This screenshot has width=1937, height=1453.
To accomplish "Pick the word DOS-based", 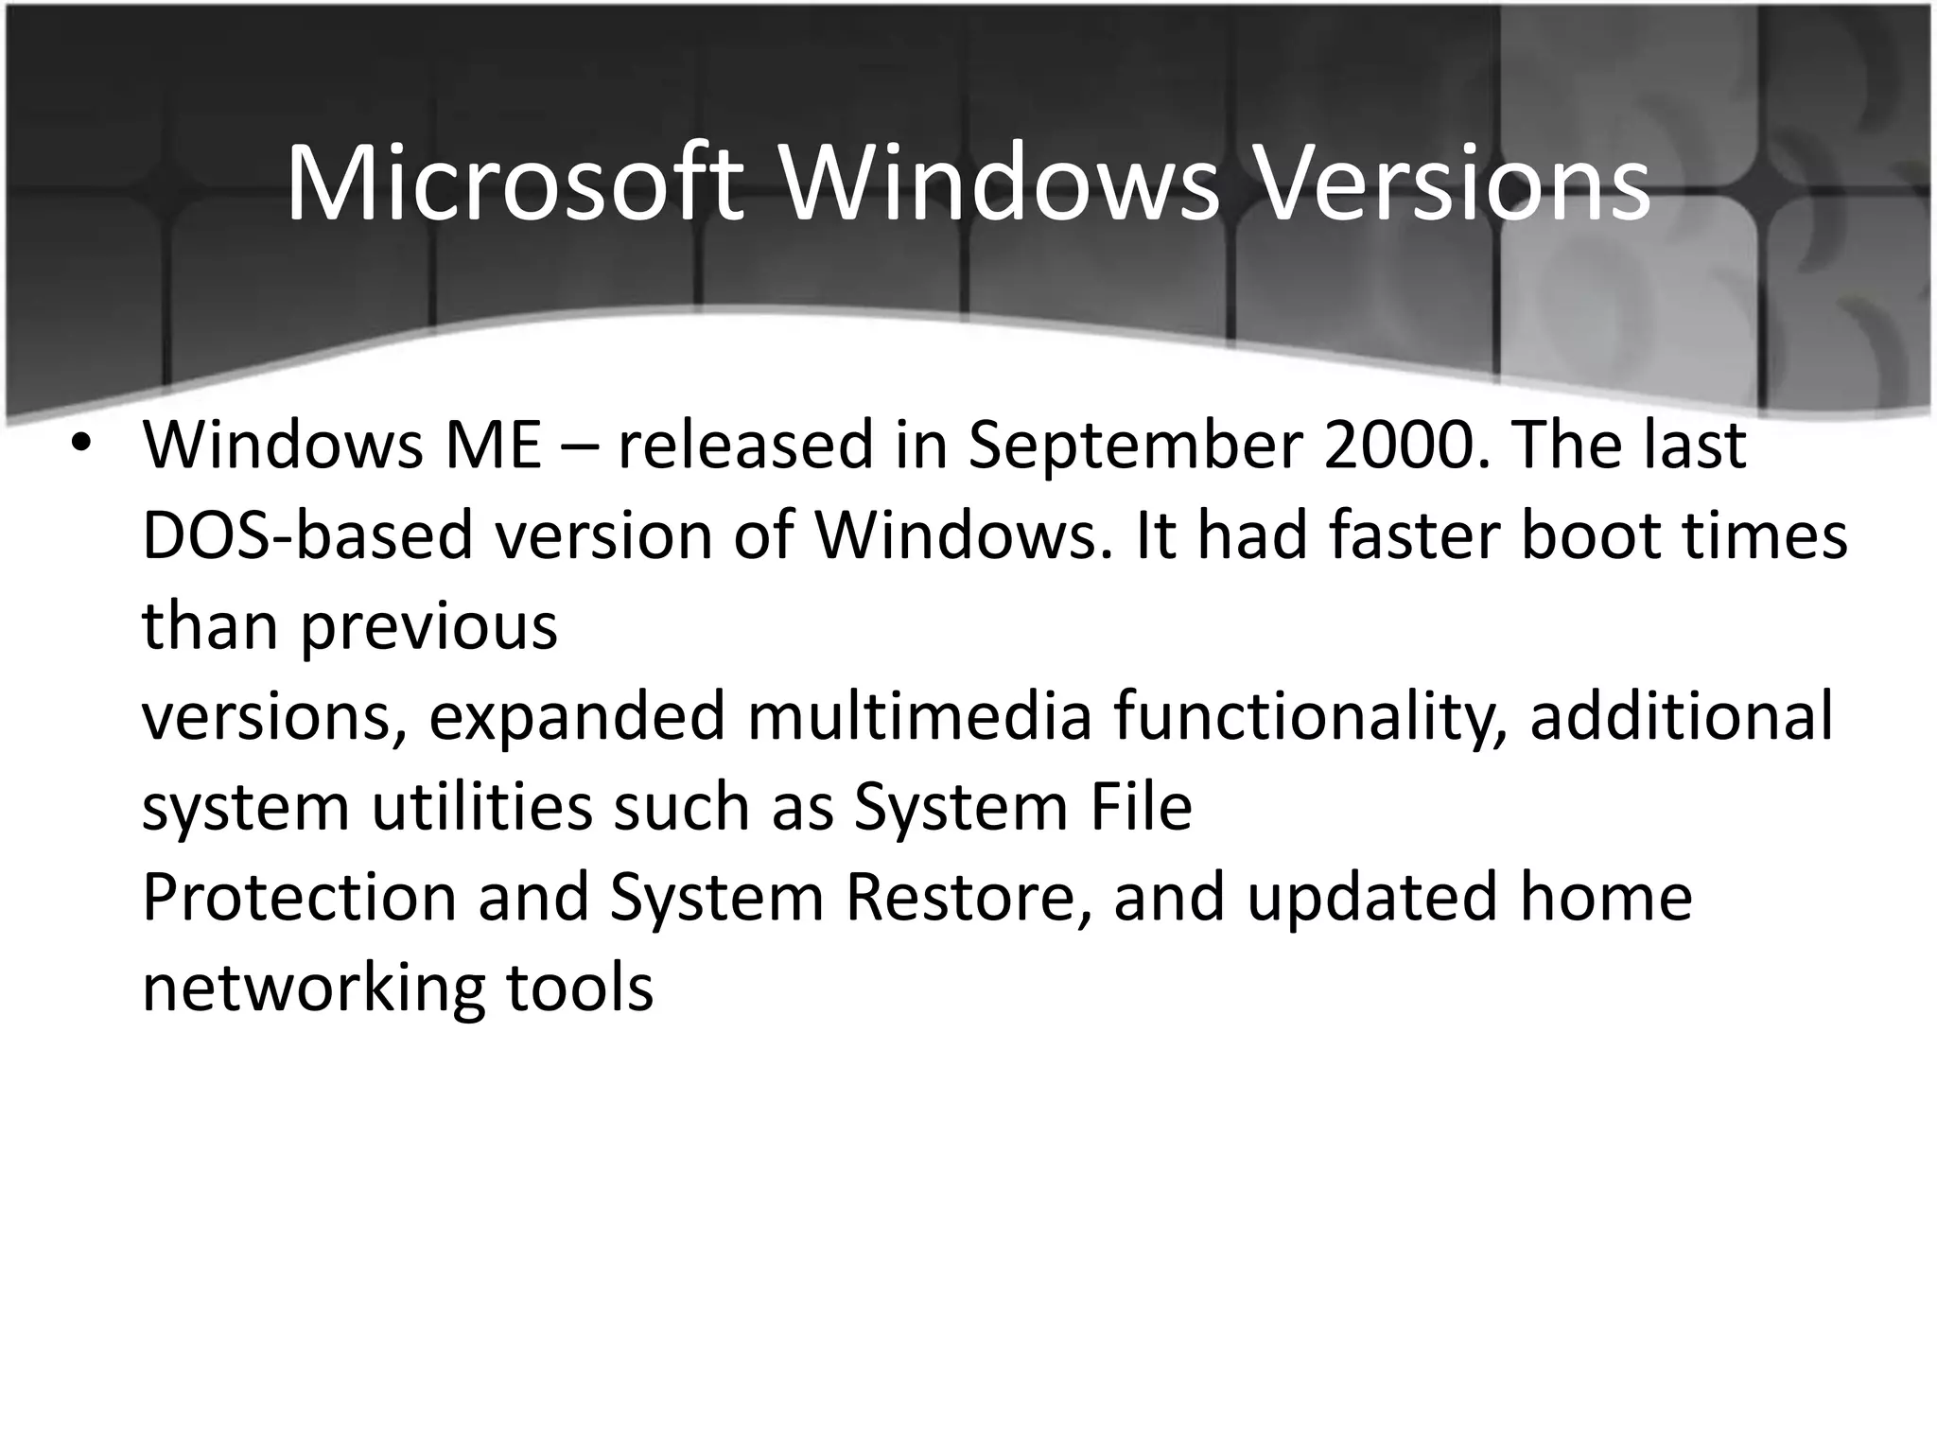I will [x=307, y=535].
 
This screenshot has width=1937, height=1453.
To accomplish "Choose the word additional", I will [x=1681, y=716].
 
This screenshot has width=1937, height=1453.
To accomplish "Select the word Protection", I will [x=299, y=897].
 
